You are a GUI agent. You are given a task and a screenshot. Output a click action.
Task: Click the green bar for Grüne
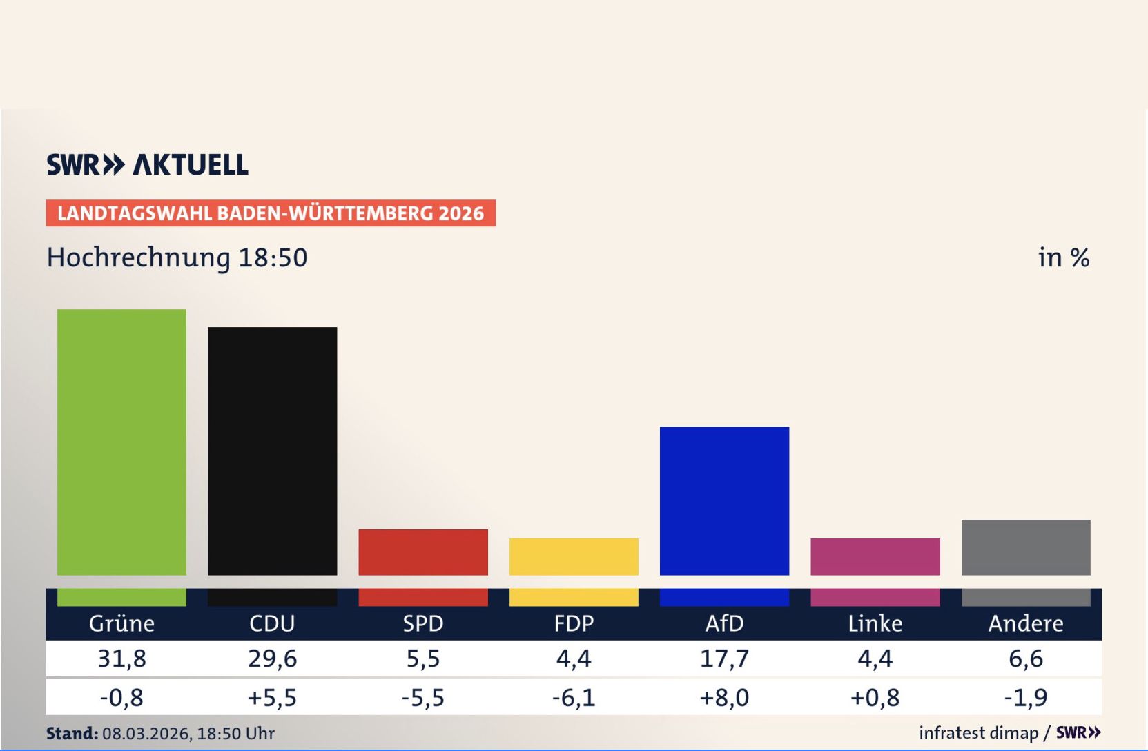click(121, 442)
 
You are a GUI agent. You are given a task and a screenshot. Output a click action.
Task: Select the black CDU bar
click(272, 451)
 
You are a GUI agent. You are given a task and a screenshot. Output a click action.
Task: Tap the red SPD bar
click(422, 552)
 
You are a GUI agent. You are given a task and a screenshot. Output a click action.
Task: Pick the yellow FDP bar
click(574, 556)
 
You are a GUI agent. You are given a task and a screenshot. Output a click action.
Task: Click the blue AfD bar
click(724, 500)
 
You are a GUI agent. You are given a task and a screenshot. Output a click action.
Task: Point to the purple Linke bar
click(875, 556)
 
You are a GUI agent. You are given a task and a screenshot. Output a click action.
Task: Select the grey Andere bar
click(1025, 547)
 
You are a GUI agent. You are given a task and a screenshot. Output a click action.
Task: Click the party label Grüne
click(121, 623)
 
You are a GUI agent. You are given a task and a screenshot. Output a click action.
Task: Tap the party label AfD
click(724, 623)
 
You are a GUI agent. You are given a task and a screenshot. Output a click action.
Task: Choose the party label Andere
click(1025, 623)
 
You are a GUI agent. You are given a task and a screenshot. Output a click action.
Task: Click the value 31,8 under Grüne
click(121, 659)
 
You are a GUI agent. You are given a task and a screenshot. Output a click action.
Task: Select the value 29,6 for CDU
click(272, 659)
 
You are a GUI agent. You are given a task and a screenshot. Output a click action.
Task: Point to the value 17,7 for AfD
click(724, 659)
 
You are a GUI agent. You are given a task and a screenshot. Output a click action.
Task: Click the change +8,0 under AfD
click(724, 697)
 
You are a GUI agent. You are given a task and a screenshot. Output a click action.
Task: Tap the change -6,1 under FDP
click(574, 697)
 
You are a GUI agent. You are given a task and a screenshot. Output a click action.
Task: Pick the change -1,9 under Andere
click(1025, 697)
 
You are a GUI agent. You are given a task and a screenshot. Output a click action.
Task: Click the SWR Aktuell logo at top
click(147, 165)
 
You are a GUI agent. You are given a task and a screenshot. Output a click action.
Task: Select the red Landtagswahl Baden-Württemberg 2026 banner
click(271, 213)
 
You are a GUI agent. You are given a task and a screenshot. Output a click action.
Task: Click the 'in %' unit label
click(1063, 257)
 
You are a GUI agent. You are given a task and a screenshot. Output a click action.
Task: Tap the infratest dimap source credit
click(978, 733)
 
